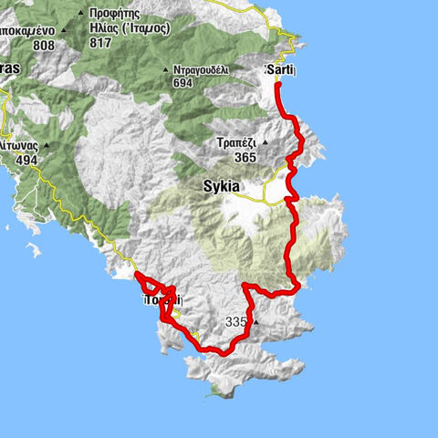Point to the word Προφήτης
113,14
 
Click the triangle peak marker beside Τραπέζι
266,142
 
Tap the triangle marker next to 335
256,322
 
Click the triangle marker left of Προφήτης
81,13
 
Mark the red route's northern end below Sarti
277,85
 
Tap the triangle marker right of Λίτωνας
45,145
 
